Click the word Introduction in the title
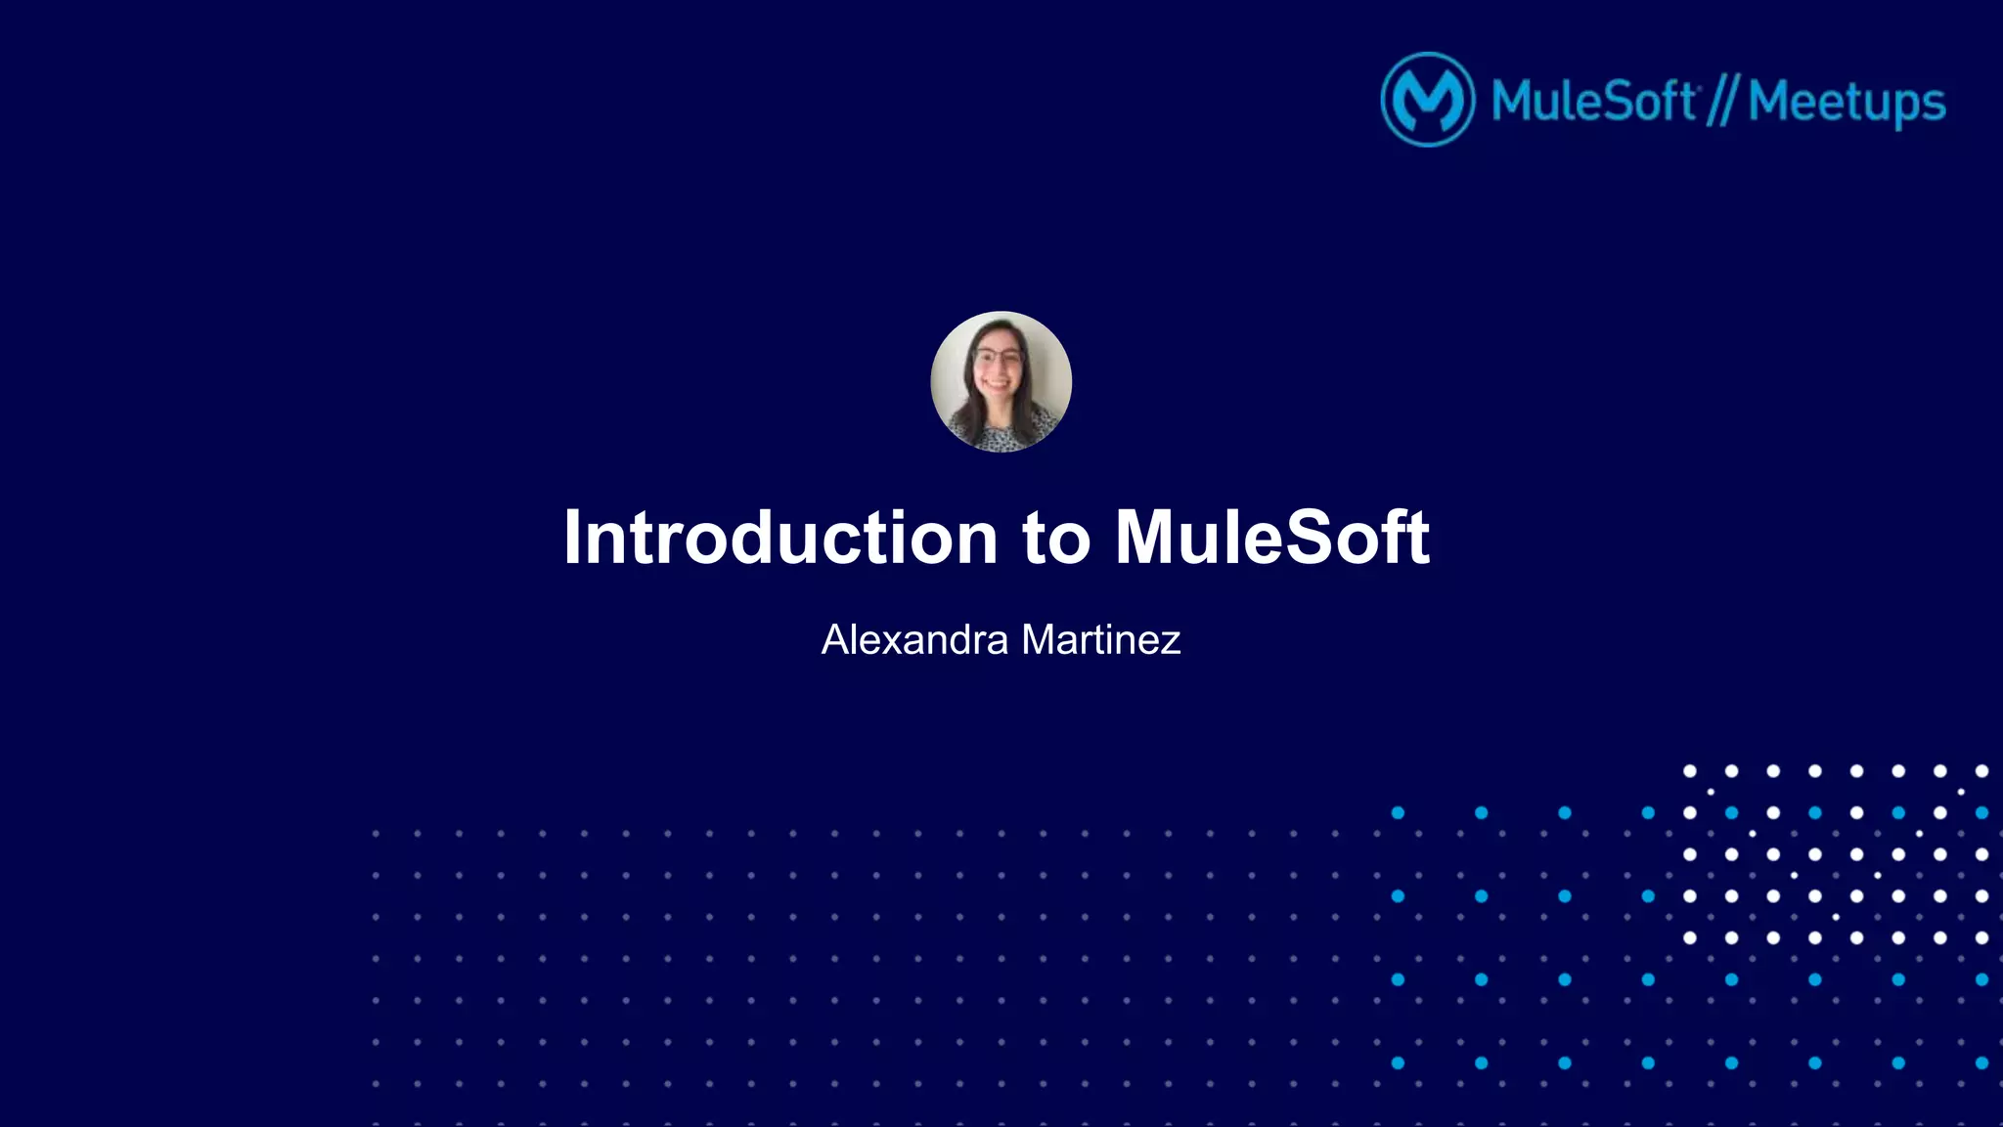coord(779,538)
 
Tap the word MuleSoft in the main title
coord(1271,538)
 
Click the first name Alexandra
coord(914,640)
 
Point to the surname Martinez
coord(1101,640)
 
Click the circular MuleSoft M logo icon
coord(1427,100)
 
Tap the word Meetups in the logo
coord(1847,102)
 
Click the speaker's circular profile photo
coord(1001,381)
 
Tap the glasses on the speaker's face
coord(998,358)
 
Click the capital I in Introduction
coord(571,538)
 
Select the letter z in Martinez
coord(1170,642)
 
